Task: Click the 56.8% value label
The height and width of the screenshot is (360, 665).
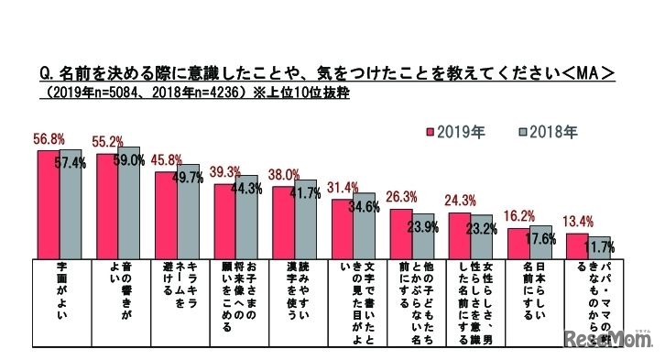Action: [51, 139]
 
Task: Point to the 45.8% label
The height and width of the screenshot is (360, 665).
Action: [169, 158]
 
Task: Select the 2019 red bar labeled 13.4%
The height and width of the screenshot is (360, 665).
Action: [575, 246]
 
